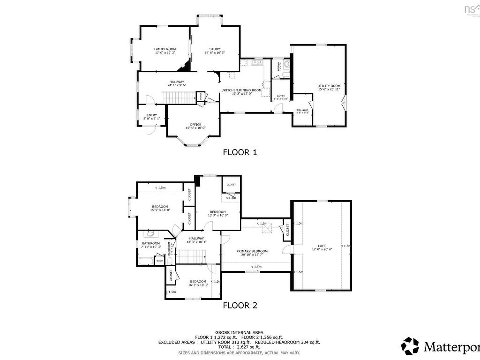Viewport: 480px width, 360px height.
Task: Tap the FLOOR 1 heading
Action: (240, 152)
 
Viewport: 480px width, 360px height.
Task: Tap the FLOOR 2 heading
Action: (240, 305)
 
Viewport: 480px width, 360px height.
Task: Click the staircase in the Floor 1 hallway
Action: (179, 98)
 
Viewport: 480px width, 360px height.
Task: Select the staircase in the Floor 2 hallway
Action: (191, 256)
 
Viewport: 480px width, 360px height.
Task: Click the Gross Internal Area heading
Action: (239, 331)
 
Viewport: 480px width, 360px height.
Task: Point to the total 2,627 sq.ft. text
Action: (239, 347)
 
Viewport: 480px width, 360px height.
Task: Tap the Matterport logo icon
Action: (410, 346)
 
